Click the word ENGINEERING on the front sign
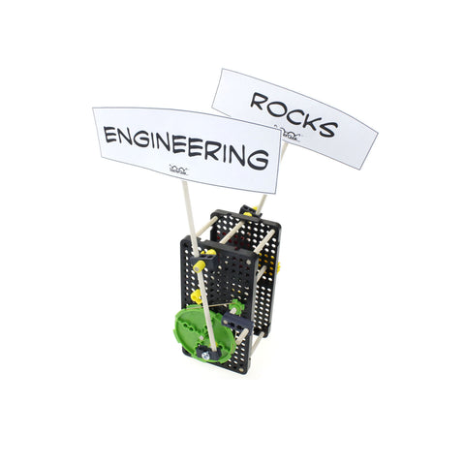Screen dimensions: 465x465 click(x=186, y=147)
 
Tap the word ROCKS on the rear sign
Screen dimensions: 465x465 click(x=294, y=114)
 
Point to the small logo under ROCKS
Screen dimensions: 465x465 click(x=288, y=134)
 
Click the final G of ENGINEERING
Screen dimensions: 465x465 click(x=258, y=159)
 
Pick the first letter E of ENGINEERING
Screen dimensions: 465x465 click(x=109, y=135)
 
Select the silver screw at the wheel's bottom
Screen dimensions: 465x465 click(x=204, y=356)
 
